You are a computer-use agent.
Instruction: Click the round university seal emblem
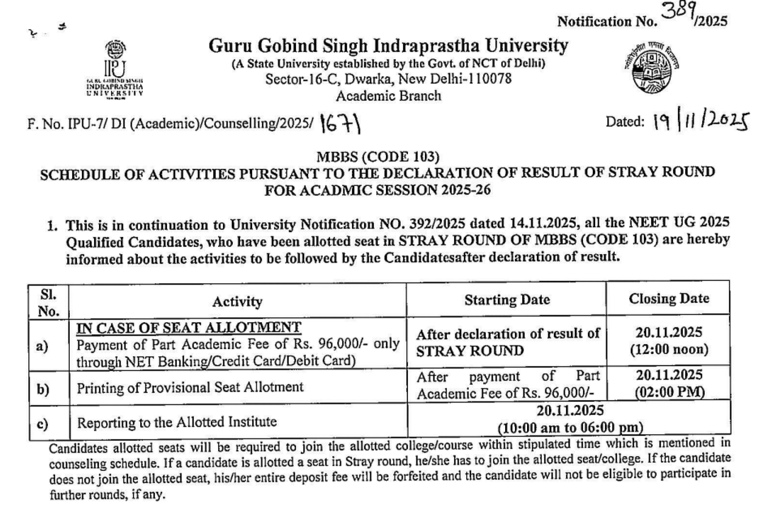[x=651, y=68]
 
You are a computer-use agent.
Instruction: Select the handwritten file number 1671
[x=341, y=124]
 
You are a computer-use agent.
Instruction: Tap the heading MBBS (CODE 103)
[x=378, y=157]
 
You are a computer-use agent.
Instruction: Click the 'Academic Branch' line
[x=388, y=96]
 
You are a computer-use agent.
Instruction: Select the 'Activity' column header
[x=237, y=302]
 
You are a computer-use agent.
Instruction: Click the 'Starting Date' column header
[x=507, y=300]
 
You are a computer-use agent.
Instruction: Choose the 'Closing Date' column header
[x=669, y=299]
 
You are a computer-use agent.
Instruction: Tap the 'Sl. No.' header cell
[x=49, y=303]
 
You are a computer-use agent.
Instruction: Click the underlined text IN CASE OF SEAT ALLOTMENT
[x=189, y=328]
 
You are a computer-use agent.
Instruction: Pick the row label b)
[x=43, y=389]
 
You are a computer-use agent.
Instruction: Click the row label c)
[x=42, y=424]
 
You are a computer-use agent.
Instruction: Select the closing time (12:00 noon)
[x=669, y=350]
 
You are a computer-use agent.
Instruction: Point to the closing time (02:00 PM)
[x=669, y=392]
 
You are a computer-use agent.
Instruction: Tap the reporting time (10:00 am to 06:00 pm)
[x=570, y=427]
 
